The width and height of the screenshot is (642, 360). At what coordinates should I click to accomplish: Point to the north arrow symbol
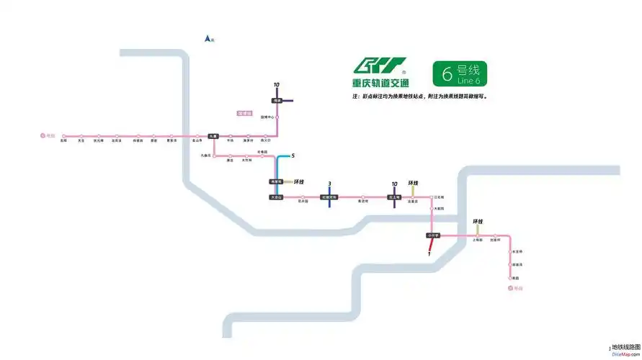tap(208, 39)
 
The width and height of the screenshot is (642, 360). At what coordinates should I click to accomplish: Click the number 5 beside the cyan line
tap(293, 156)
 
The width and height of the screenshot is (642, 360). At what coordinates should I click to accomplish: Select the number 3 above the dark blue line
tap(329, 184)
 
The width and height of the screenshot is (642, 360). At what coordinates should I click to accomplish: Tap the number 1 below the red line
tap(429, 254)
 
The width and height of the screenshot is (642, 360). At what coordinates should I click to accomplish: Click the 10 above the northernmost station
tap(276, 85)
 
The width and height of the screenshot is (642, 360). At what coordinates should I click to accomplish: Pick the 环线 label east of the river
tap(477, 221)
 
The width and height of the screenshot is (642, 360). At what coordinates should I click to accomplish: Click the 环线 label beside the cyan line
tap(300, 182)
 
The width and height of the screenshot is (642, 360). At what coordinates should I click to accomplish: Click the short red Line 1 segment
tap(431, 243)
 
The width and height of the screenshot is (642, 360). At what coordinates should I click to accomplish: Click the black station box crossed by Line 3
tap(329, 197)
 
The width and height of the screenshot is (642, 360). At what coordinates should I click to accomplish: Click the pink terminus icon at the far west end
tap(44, 135)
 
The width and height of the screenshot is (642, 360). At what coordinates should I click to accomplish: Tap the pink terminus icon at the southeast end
tap(510, 287)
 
